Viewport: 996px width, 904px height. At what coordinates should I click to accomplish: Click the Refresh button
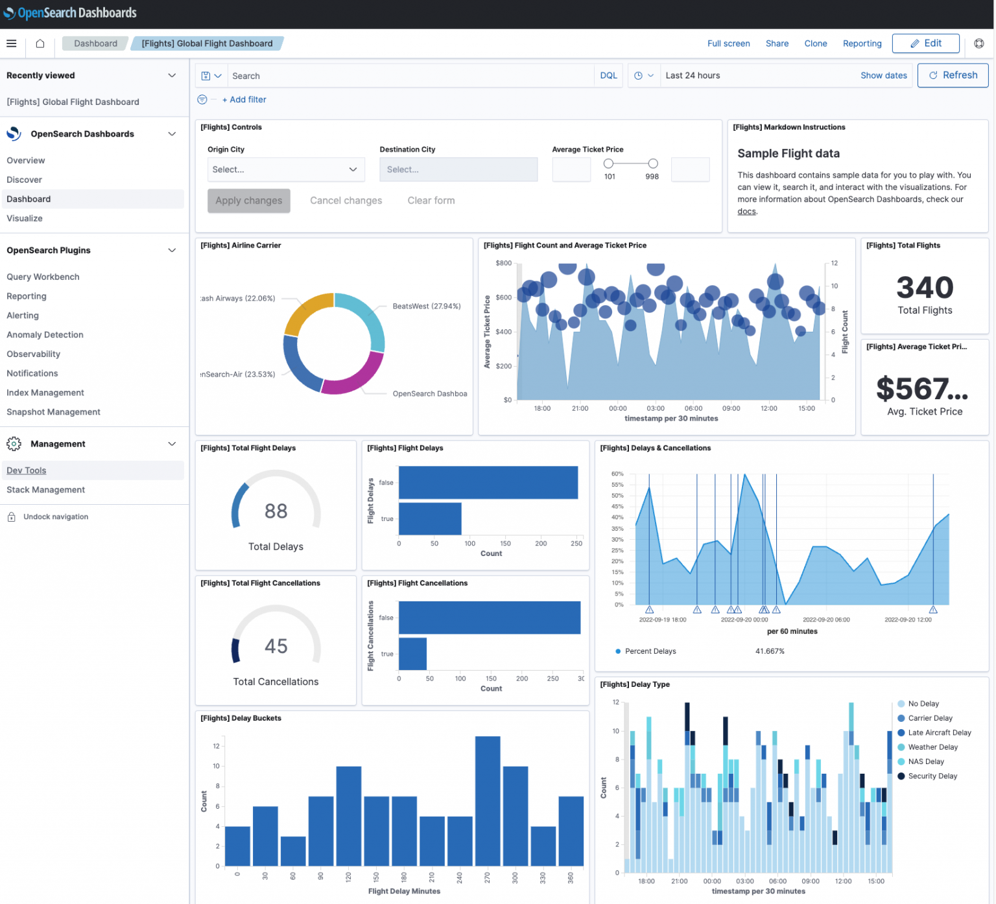point(953,75)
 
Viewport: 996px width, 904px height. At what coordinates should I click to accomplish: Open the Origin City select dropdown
point(285,170)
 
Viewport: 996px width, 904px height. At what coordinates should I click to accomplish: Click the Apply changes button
point(248,201)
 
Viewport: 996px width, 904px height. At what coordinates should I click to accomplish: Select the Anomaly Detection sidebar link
point(45,335)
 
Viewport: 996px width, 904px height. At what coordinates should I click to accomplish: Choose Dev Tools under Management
point(27,470)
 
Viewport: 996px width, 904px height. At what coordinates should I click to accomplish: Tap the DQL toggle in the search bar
point(608,76)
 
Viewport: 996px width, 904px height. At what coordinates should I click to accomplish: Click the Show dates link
point(883,76)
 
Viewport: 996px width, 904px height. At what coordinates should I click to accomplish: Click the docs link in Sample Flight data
point(746,212)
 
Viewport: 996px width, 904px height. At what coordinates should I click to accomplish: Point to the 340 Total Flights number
point(924,288)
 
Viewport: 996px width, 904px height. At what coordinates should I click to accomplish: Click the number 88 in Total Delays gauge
point(276,511)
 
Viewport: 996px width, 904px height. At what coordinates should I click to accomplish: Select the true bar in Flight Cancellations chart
point(412,654)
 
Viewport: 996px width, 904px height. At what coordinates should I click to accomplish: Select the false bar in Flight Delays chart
point(488,483)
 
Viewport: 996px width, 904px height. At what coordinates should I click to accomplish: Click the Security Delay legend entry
point(932,776)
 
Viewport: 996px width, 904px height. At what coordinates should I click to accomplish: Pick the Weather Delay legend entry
point(932,747)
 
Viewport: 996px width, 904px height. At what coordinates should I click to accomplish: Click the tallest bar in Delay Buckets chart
point(487,801)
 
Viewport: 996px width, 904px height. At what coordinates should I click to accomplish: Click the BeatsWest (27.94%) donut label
point(426,307)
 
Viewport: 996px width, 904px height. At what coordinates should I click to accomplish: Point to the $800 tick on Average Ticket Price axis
point(503,263)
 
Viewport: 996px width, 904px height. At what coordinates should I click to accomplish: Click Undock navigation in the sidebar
point(55,517)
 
